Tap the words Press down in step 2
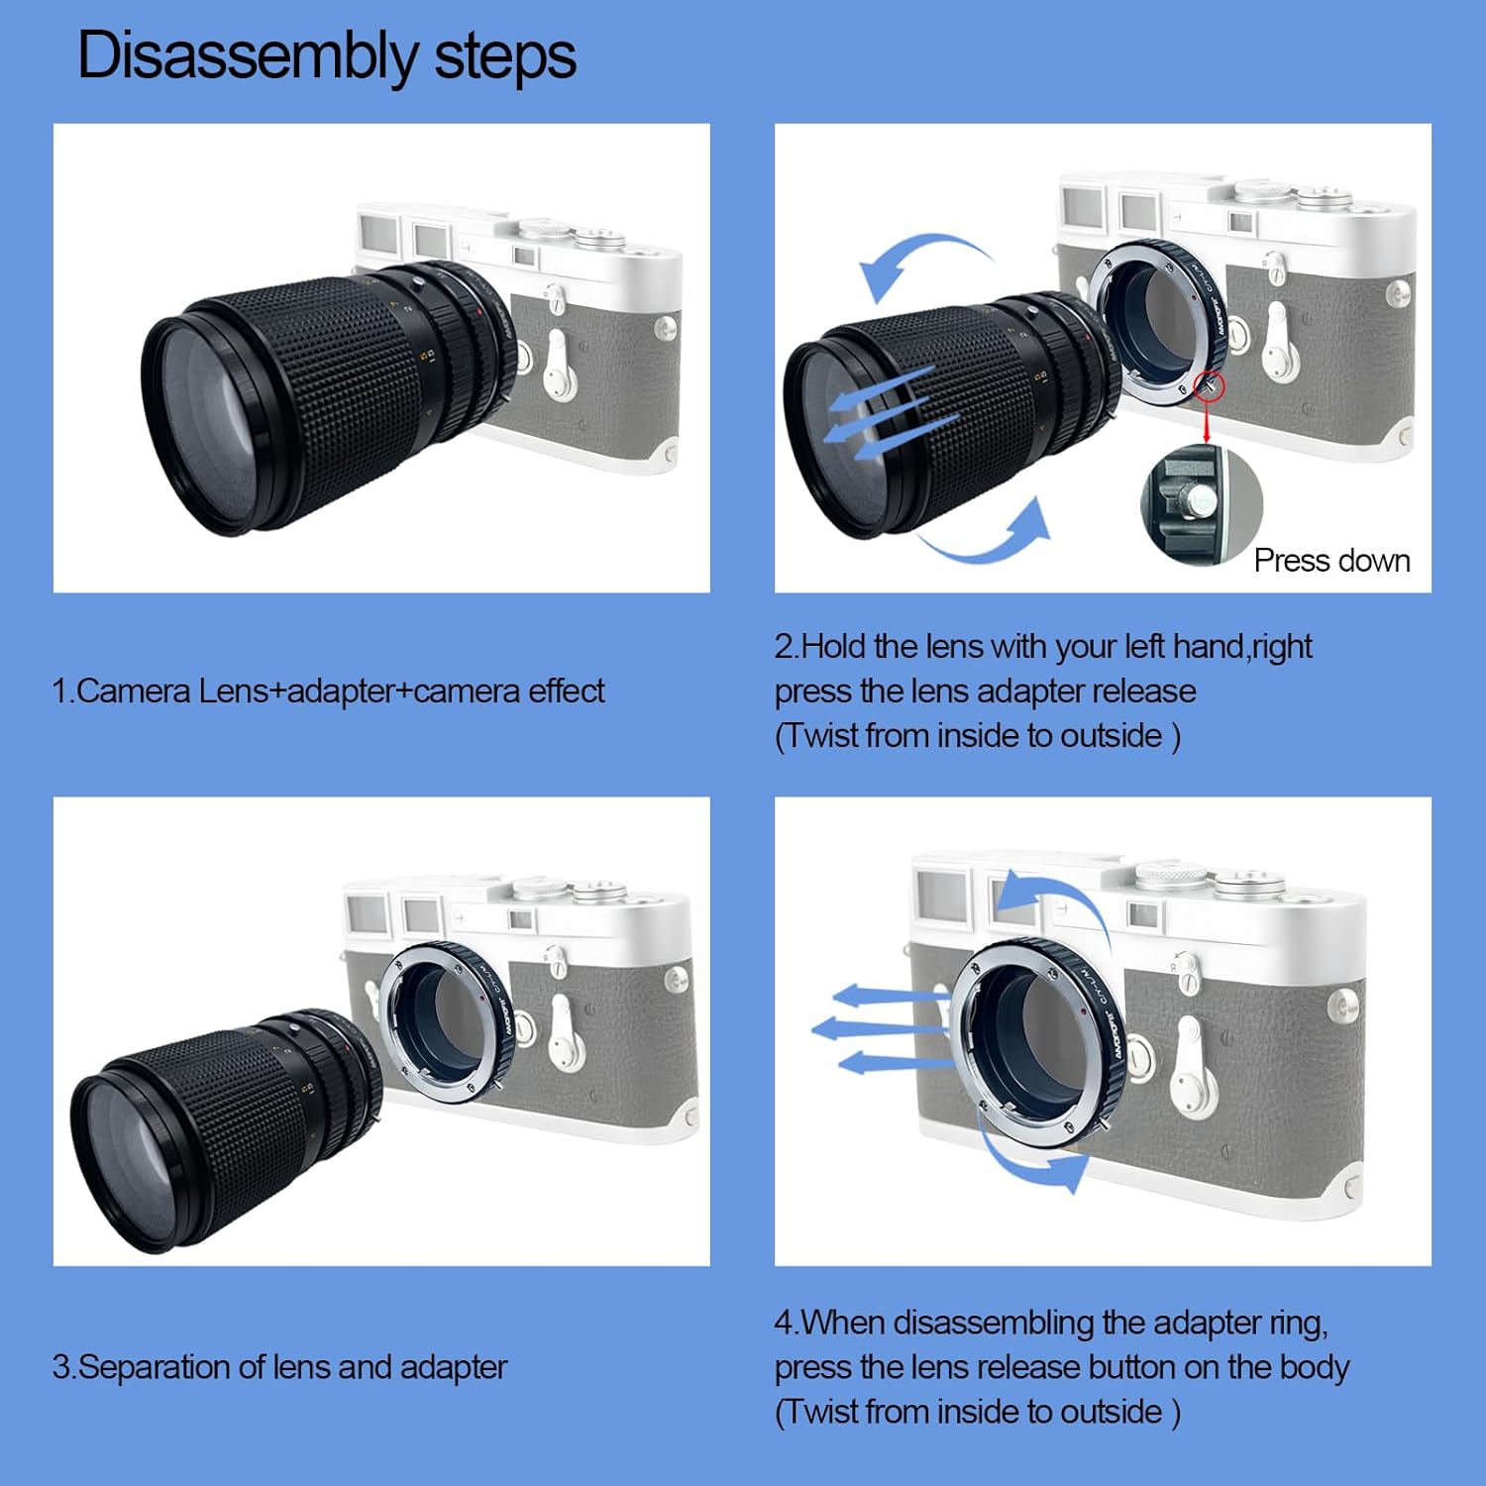(x=1331, y=561)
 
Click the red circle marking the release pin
(x=1210, y=386)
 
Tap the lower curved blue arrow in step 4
(x=1025, y=1159)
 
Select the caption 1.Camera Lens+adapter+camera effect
(x=328, y=690)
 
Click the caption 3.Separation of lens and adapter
(x=279, y=1367)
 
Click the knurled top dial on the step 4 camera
(x=1171, y=876)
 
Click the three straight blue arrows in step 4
(x=882, y=1030)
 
